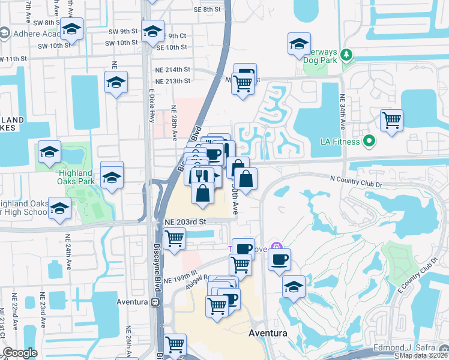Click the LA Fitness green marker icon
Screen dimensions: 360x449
coord(369,142)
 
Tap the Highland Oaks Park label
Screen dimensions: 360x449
coord(76,177)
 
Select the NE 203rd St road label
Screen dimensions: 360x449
coord(185,221)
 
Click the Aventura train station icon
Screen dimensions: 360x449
coord(155,302)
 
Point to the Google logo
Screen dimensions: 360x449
coord(20,353)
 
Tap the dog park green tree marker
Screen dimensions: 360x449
coord(346,56)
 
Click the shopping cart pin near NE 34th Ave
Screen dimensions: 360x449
coord(391,120)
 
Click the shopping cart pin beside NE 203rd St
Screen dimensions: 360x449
coord(175,239)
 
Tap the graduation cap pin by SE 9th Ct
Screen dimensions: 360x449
coord(152,31)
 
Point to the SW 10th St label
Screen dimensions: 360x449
coord(55,46)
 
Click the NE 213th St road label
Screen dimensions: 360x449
coord(172,81)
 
